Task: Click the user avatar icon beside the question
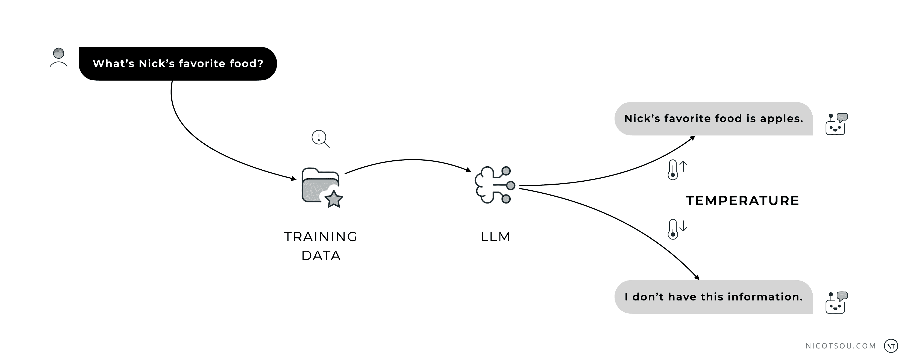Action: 59,58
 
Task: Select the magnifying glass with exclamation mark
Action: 320,138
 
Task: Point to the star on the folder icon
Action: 333,199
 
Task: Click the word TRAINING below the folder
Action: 321,237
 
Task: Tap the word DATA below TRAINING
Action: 321,256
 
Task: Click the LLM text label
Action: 495,237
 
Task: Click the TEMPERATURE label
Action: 742,200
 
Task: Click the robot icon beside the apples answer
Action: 836,124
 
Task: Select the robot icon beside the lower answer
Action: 836,302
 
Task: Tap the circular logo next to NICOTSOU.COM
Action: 891,346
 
